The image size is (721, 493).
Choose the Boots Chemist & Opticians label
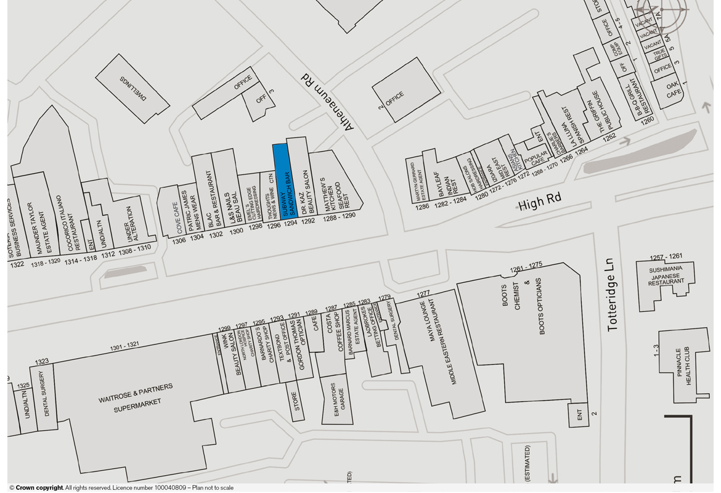[523, 306]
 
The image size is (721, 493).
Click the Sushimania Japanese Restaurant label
[666, 275]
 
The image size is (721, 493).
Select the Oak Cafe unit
[674, 90]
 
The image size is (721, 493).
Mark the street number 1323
[42, 362]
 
